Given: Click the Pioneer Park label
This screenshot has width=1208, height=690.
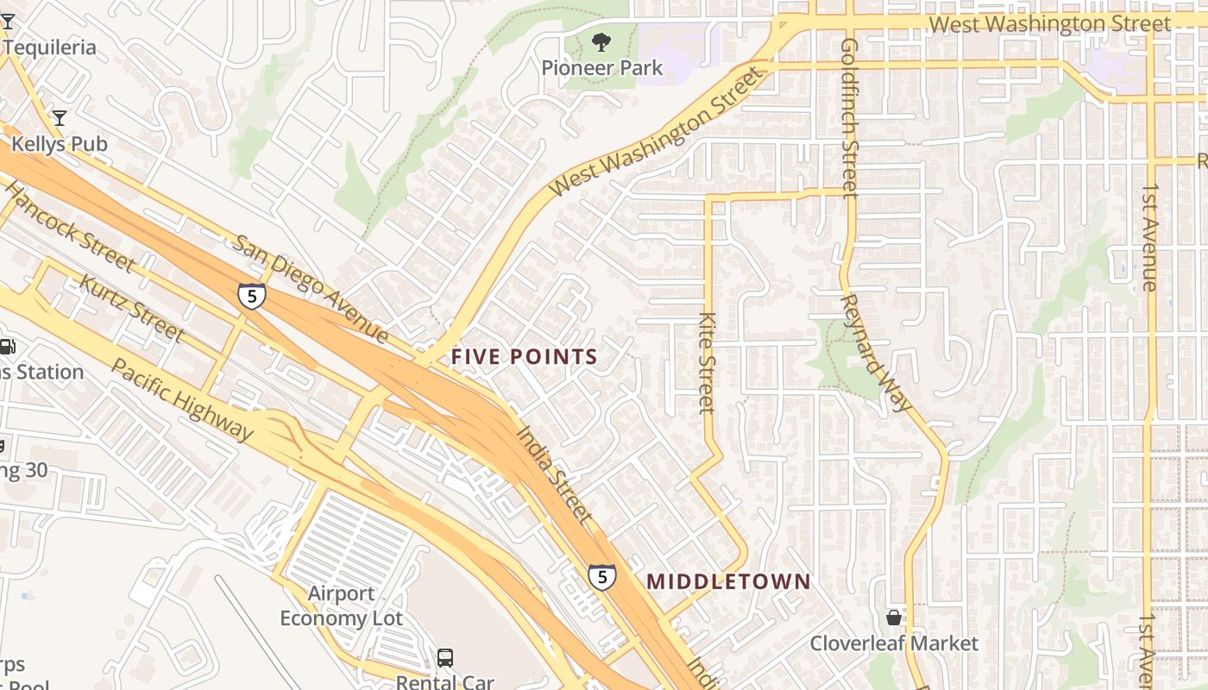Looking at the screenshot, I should pyautogui.click(x=601, y=67).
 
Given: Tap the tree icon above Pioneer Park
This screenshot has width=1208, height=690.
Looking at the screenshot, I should pyautogui.click(x=601, y=41).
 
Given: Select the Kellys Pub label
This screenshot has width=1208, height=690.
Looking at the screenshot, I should pyautogui.click(x=59, y=143).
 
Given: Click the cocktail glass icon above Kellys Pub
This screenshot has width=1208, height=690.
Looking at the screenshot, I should pyautogui.click(x=59, y=117).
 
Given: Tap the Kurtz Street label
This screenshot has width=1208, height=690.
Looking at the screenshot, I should pyautogui.click(x=131, y=307).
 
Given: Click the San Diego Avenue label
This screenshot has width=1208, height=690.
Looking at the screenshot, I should pyautogui.click(x=311, y=287).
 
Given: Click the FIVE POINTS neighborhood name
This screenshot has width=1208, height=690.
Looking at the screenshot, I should pyautogui.click(x=524, y=356).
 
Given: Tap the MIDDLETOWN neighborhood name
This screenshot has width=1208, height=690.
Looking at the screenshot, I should pyautogui.click(x=728, y=581).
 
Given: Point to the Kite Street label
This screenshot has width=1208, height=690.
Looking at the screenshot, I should pyautogui.click(x=707, y=362).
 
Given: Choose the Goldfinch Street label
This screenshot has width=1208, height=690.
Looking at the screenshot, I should pyautogui.click(x=849, y=117).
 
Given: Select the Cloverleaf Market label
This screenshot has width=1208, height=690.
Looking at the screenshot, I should pyautogui.click(x=894, y=643).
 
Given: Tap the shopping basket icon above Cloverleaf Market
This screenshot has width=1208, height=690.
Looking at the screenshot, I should pyautogui.click(x=894, y=618).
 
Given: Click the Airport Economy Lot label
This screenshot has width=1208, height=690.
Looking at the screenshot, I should pyautogui.click(x=342, y=605).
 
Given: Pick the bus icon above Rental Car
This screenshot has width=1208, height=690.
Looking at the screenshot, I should pyautogui.click(x=445, y=658).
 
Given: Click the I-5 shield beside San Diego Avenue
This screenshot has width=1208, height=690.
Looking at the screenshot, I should pyautogui.click(x=251, y=297).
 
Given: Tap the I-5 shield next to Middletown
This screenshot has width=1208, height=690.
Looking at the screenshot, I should pyautogui.click(x=602, y=576).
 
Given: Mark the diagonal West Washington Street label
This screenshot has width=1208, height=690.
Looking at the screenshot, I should pyautogui.click(x=657, y=132).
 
